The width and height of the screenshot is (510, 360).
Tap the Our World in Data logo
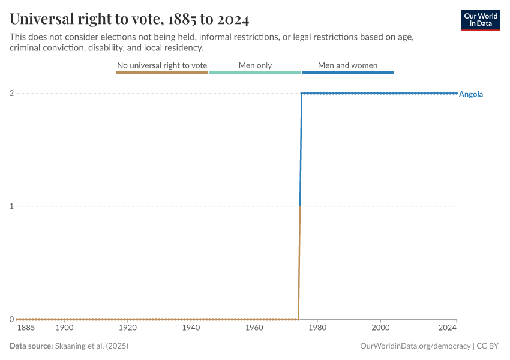(481, 20)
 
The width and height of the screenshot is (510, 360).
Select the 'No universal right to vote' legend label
(162, 65)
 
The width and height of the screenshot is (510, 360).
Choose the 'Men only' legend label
(255, 65)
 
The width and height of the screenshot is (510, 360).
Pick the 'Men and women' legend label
(347, 65)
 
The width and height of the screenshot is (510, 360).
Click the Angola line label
(471, 94)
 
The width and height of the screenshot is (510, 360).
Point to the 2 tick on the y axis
(11, 93)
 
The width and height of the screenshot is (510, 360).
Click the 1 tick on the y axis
(11, 206)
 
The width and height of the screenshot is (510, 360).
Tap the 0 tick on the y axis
(11, 319)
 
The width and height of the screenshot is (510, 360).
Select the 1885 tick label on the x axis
(26, 328)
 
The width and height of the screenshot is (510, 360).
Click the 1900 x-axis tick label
(64, 328)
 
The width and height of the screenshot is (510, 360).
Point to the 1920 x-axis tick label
(128, 328)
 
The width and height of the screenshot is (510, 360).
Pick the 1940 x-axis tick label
(191, 328)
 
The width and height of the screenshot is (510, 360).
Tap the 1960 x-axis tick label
(254, 328)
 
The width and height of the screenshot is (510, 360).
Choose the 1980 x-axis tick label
(317, 328)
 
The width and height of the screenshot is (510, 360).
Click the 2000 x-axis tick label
(381, 328)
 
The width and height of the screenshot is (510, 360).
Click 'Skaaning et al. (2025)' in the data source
(91, 346)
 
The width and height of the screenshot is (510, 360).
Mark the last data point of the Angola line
(457, 93)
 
